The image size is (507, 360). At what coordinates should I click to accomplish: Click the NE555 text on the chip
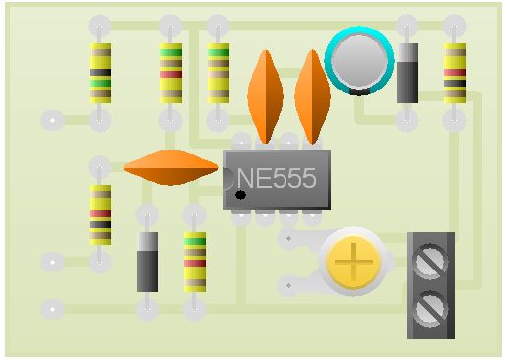pos(277,178)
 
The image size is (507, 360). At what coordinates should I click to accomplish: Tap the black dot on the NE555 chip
pos(240,195)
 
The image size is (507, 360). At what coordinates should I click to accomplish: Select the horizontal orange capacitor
pos(170,167)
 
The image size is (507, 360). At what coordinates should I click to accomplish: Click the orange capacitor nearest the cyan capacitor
pos(312,96)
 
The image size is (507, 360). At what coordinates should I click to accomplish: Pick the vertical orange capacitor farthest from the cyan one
pos(265,96)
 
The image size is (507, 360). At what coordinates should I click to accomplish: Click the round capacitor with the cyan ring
pos(359,61)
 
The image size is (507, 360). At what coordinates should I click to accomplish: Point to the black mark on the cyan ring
pos(359,92)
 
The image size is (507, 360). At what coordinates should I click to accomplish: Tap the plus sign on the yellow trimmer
pos(353,262)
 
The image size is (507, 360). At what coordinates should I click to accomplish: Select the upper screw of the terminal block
pos(430,262)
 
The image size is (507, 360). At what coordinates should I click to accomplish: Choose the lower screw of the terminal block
pos(430,309)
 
